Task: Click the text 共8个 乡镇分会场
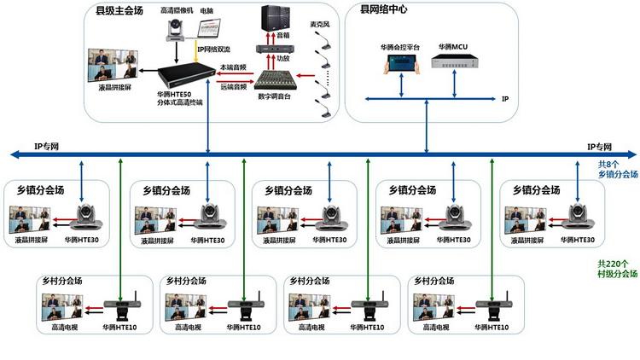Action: [x=617, y=168]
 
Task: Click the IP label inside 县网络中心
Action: [x=505, y=99]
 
